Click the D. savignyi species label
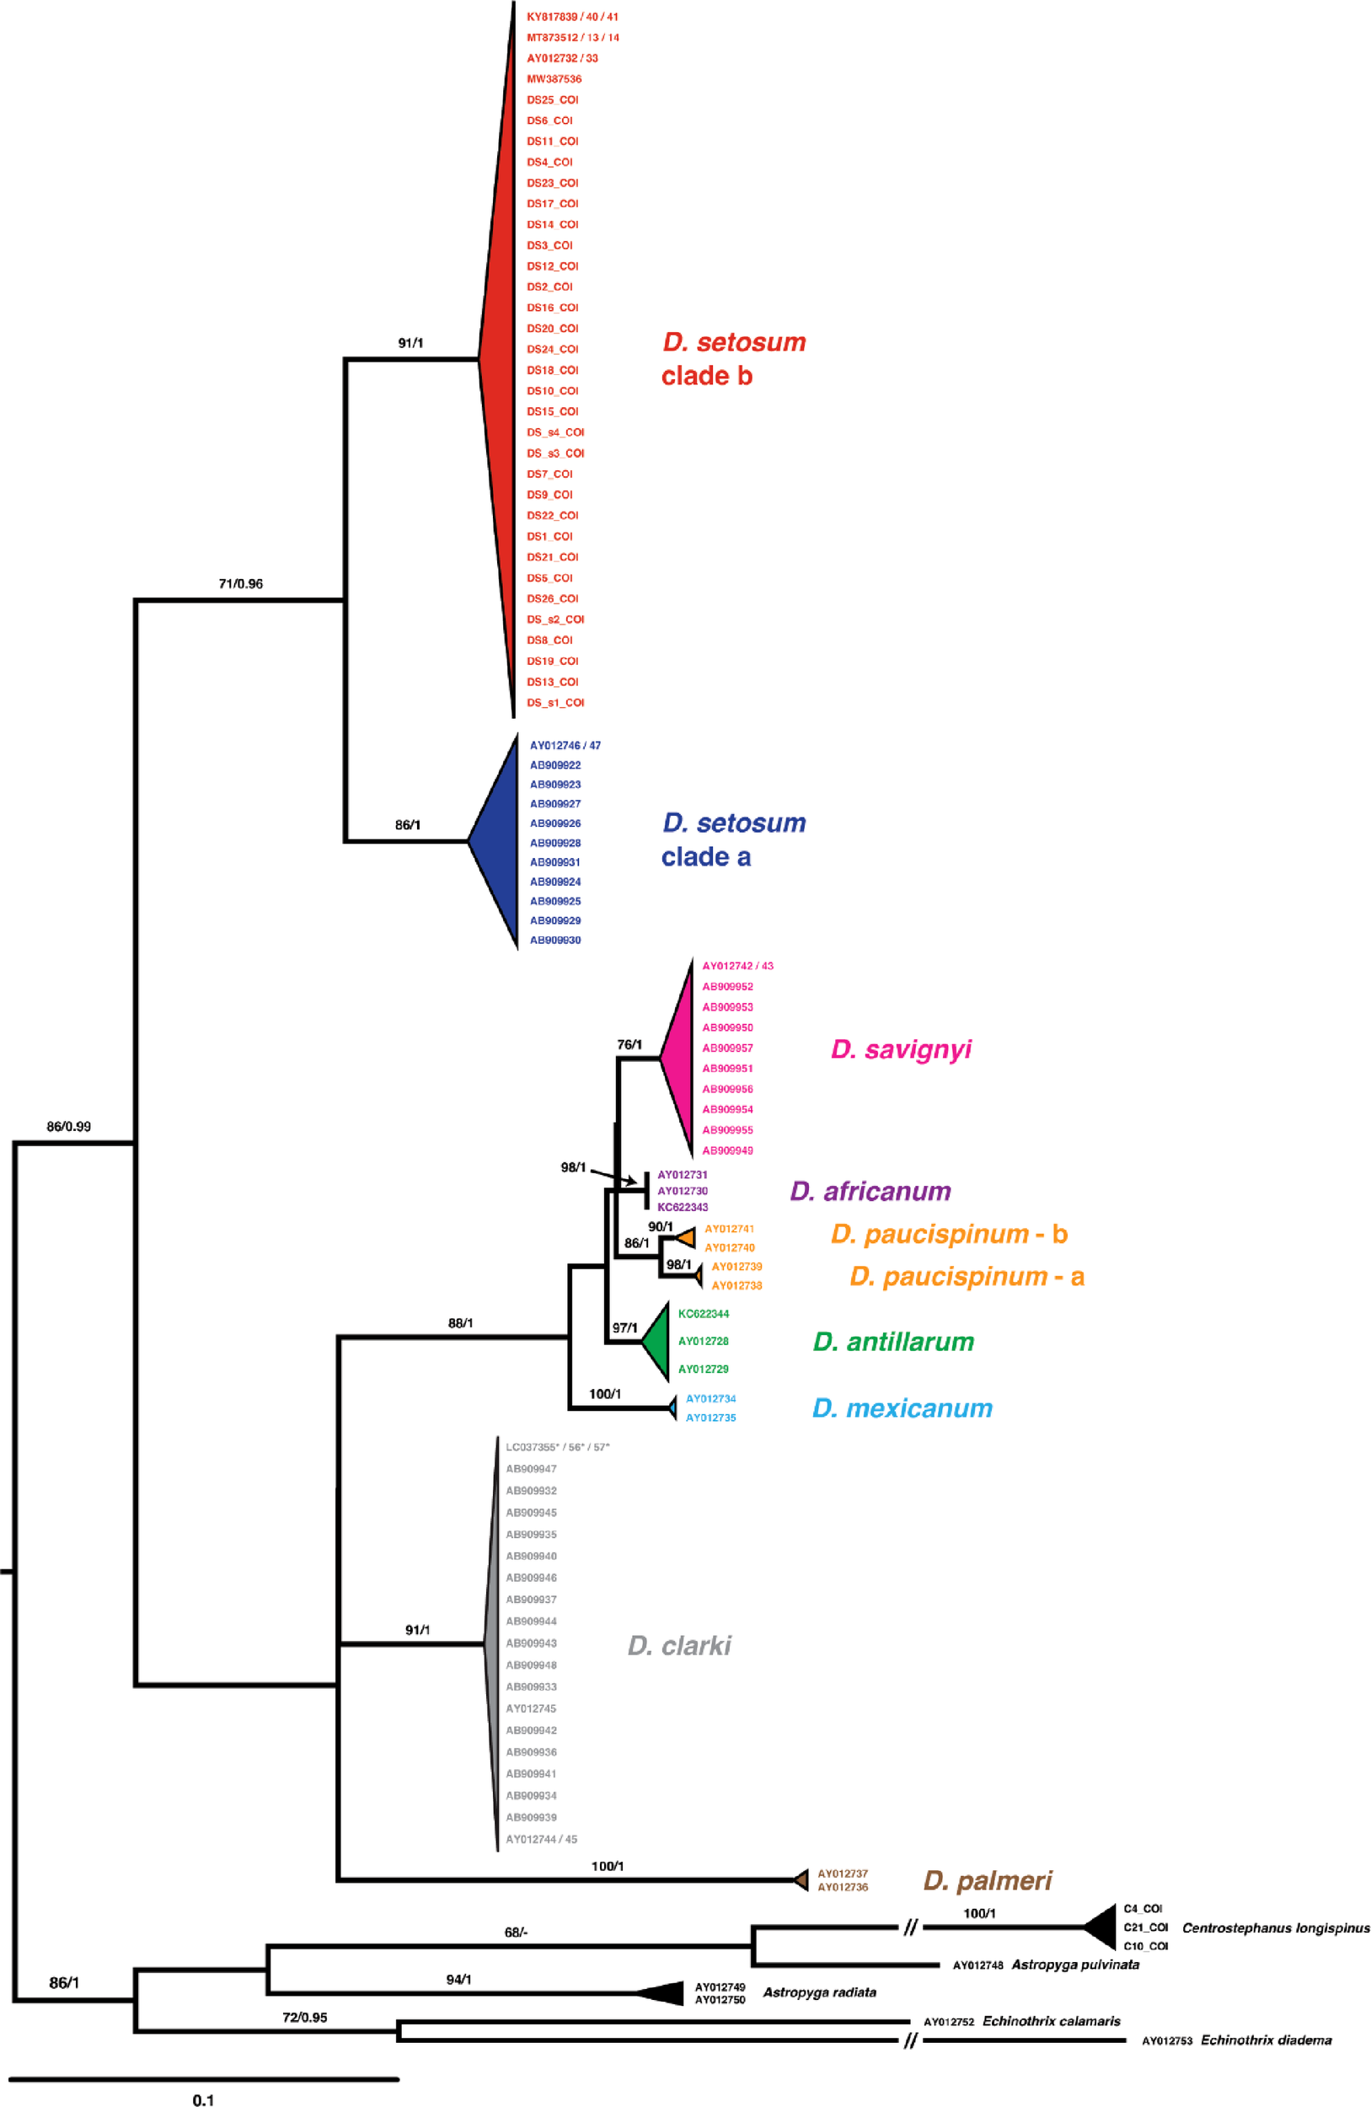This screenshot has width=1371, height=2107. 900,1050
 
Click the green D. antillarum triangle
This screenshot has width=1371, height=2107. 657,1342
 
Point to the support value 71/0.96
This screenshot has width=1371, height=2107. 241,584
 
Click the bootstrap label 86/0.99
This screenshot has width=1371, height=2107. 69,1127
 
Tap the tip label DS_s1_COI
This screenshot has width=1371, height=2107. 555,703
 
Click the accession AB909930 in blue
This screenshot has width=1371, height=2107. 555,941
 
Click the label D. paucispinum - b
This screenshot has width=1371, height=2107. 949,1234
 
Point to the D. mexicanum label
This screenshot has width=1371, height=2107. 902,1408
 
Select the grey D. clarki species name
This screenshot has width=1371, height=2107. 679,1646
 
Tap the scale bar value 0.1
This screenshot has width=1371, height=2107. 203,2099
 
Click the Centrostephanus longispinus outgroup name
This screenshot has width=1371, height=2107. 1276,1928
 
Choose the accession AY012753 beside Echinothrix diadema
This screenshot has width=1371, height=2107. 1166,2040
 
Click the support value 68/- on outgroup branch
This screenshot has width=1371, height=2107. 516,1932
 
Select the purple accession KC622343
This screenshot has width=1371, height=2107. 683,1208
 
